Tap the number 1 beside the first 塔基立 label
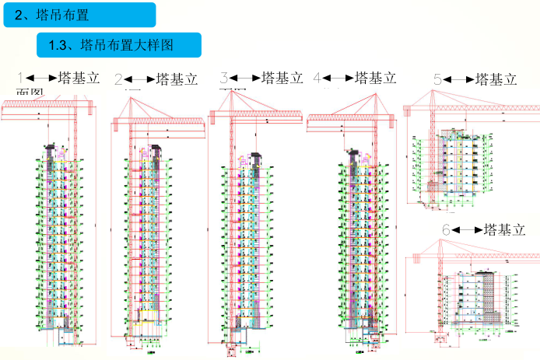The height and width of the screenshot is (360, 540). tap(22, 78)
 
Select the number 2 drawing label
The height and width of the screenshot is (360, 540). tap(119, 79)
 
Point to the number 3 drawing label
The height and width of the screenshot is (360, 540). tap(224, 78)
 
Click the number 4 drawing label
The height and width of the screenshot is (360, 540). tap(317, 78)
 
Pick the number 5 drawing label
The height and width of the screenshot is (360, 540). tap(437, 79)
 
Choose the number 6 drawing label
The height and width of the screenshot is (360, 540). tap(446, 230)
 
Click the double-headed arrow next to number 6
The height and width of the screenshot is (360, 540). tap(467, 230)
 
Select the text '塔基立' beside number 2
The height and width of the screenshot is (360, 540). tap(177, 79)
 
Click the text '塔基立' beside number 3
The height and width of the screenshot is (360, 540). tap(282, 78)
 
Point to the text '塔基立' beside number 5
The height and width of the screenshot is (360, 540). tap(496, 79)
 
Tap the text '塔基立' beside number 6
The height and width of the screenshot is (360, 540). tap(504, 230)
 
